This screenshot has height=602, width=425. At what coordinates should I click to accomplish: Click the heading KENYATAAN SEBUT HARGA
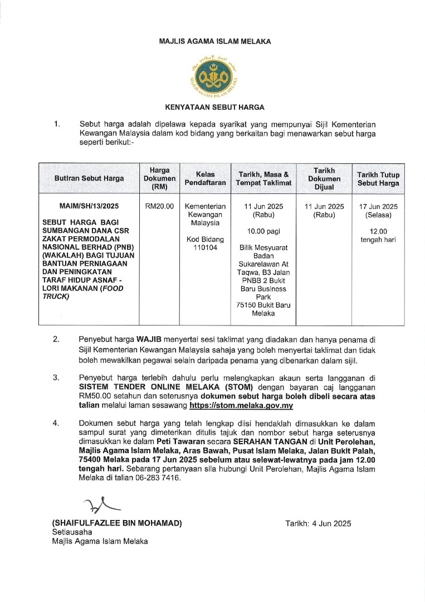click(214, 107)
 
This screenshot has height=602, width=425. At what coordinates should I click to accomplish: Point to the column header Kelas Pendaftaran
click(205, 178)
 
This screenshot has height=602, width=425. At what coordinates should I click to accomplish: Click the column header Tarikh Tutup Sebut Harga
click(378, 178)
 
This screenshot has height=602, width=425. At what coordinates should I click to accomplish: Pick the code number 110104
click(205, 247)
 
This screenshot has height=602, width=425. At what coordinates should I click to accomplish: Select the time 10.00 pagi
click(264, 231)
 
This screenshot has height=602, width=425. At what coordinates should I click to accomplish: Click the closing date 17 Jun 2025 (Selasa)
click(378, 210)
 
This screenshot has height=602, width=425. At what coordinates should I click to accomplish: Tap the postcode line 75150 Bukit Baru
click(263, 305)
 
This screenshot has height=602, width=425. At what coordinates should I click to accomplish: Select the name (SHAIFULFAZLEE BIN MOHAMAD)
click(117, 523)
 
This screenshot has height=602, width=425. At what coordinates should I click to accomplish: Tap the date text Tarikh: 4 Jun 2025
click(318, 523)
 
